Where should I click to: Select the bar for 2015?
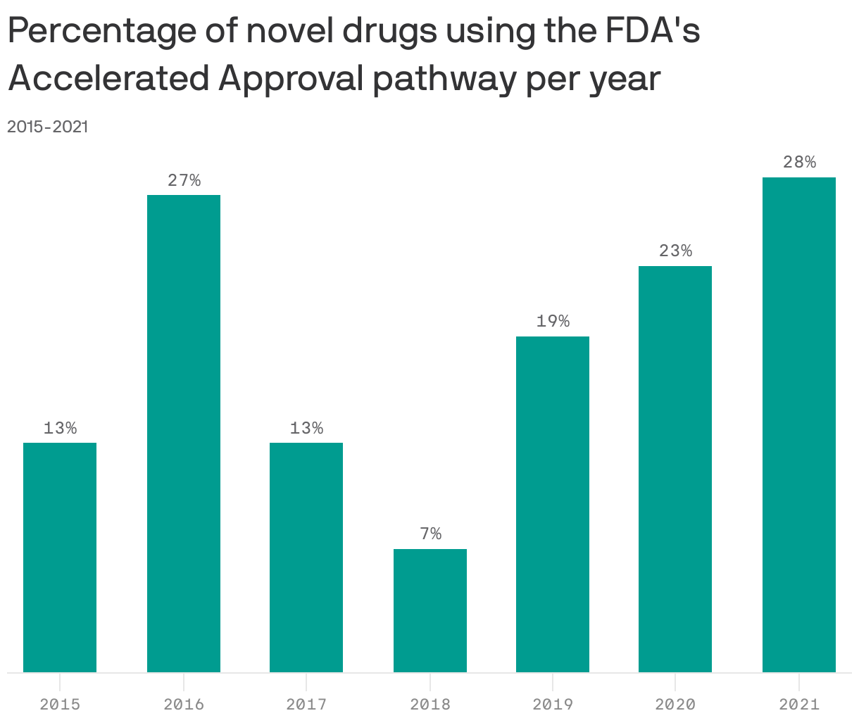[x=60, y=558]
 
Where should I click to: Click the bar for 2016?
[x=184, y=434]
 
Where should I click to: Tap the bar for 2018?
[x=430, y=610]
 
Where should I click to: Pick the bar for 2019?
[x=553, y=504]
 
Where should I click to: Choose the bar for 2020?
[x=675, y=469]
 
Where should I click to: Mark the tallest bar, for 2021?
[x=799, y=424]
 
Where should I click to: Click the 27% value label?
[x=184, y=180]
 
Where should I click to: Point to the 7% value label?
[x=430, y=534]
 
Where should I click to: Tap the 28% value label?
[x=799, y=163]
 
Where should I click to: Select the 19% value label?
[x=553, y=322]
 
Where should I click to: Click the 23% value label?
[x=675, y=251]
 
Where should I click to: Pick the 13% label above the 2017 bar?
[x=306, y=428]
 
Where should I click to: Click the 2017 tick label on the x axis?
[x=306, y=704]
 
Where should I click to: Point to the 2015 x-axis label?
[x=60, y=704]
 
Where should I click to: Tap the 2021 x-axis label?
[x=799, y=704]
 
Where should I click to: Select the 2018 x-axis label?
[x=430, y=704]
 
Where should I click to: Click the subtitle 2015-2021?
[x=47, y=127]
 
